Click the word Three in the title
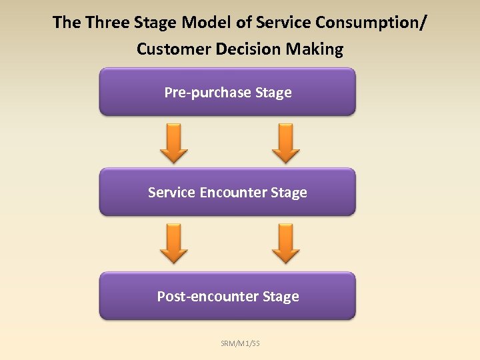click(x=106, y=23)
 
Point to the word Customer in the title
click(x=168, y=49)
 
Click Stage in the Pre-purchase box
click(x=273, y=93)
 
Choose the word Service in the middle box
click(x=171, y=193)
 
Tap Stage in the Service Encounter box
click(x=289, y=193)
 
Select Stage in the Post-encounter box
click(x=281, y=297)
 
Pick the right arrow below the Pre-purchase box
click(x=287, y=142)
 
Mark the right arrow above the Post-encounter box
click(x=287, y=243)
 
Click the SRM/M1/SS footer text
click(x=241, y=343)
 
